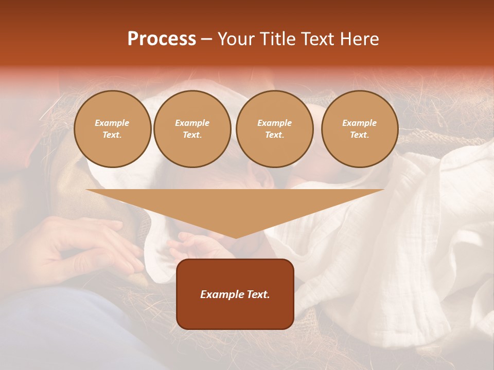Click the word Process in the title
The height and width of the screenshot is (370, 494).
click(162, 39)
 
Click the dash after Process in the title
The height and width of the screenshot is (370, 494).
click(206, 40)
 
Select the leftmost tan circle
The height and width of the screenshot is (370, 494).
click(112, 129)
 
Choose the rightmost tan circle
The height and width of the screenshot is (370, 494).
click(360, 129)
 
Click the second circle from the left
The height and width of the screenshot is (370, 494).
click(192, 129)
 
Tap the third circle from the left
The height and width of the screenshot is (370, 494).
click(275, 129)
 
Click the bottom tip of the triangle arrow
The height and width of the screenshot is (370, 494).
click(235, 237)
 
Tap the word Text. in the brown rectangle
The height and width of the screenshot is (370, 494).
click(258, 294)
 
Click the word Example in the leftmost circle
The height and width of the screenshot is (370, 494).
click(112, 123)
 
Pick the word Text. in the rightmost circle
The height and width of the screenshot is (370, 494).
click(360, 135)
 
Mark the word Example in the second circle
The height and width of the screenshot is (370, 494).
click(192, 123)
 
